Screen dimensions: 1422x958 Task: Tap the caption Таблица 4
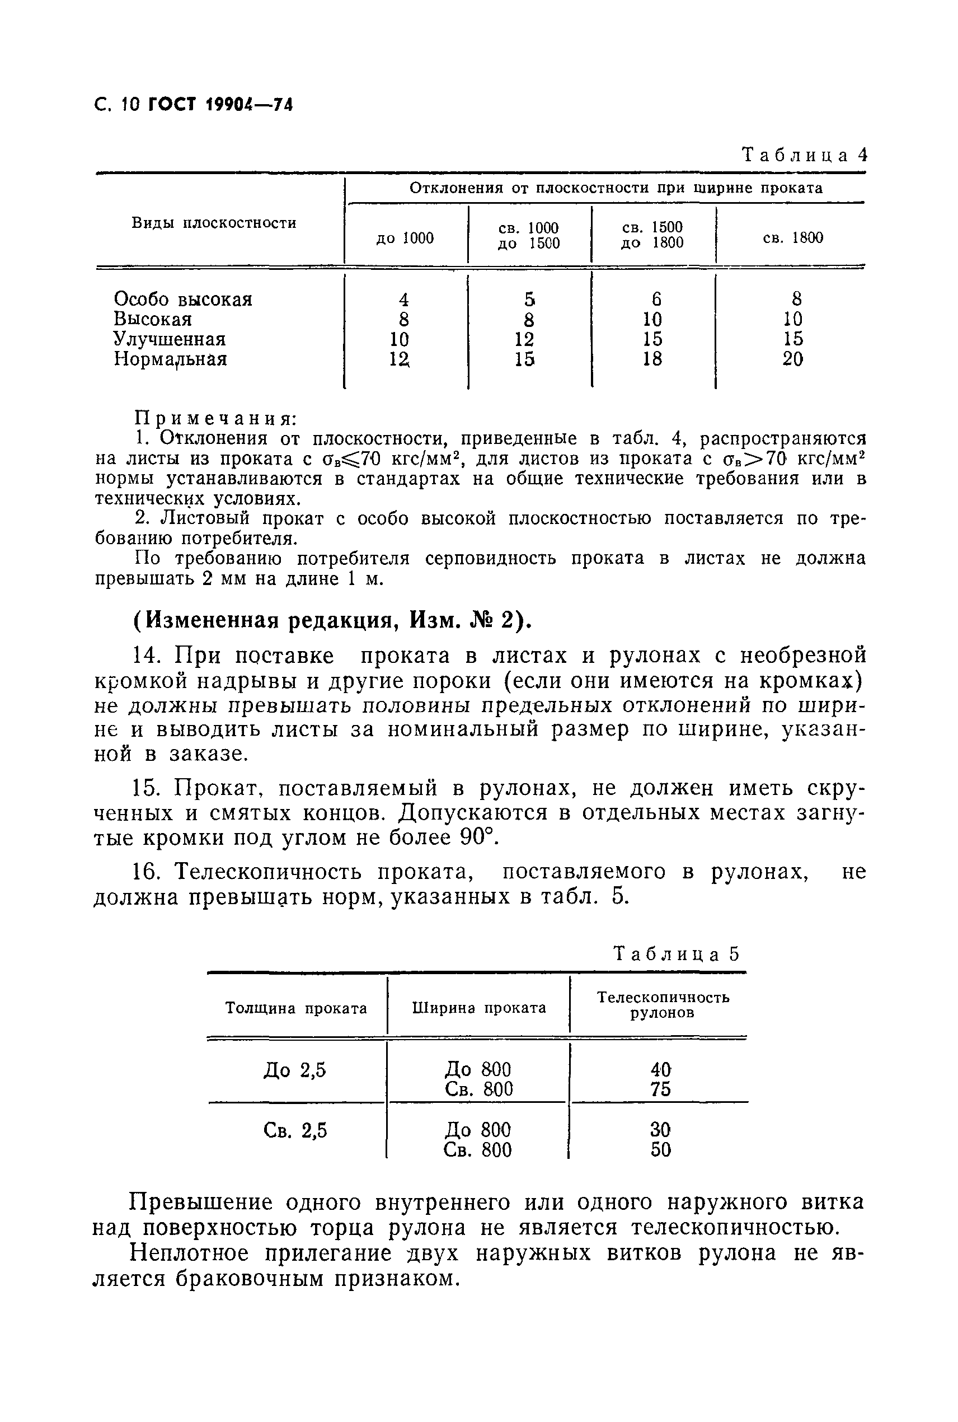[804, 155]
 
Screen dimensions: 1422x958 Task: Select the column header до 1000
[405, 238]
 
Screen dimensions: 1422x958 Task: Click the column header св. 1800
[792, 238]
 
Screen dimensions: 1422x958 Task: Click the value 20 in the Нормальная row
[792, 359]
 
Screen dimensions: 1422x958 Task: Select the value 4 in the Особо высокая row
[403, 300]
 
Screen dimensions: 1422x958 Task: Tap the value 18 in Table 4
[652, 359]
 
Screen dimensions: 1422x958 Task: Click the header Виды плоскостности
[214, 223]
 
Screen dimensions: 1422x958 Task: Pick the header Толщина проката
[297, 1008]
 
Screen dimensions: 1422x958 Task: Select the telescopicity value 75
[660, 1089]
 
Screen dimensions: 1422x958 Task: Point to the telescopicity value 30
[660, 1129]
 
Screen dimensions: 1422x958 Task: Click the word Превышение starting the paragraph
[200, 1202]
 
